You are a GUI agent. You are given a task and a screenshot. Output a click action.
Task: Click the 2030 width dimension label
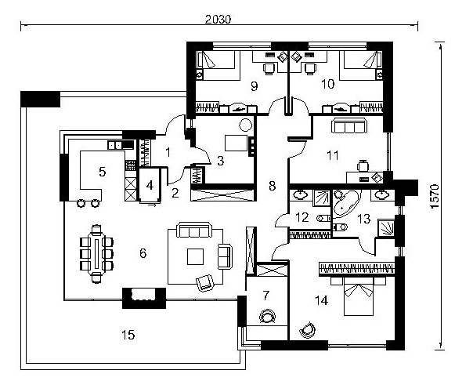pos(218,20)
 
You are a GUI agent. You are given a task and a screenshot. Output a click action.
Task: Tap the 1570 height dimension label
pos(435,197)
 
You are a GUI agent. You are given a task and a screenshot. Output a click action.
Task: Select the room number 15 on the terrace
pos(128,335)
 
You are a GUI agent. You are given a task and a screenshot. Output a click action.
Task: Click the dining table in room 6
pos(96,254)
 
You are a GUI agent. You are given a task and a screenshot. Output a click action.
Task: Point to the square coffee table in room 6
pos(195,256)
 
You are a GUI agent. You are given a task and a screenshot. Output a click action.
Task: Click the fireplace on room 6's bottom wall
pos(144,298)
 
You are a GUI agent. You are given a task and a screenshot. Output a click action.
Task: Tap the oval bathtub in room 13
pos(346,204)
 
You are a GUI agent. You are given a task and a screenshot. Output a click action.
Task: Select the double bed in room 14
pos(359,296)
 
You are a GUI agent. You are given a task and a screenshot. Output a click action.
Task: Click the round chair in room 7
pos(267,316)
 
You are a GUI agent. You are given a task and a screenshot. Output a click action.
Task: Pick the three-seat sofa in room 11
pos(348,125)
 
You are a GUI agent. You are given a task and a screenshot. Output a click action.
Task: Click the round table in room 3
pos(245,125)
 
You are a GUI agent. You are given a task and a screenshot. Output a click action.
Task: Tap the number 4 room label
pos(150,185)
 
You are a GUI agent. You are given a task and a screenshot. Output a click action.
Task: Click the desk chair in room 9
pos(269,68)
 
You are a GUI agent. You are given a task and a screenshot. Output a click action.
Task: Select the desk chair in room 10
pos(310,68)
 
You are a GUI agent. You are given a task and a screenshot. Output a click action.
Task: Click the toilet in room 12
pos(323,218)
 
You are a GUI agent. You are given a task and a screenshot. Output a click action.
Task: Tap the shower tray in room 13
pos(386,228)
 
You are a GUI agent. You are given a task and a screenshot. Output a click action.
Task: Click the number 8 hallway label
pos(272,186)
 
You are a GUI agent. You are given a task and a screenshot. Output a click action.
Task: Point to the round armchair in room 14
pos(307,330)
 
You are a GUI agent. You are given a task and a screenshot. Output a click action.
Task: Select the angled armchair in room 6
pos(205,282)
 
